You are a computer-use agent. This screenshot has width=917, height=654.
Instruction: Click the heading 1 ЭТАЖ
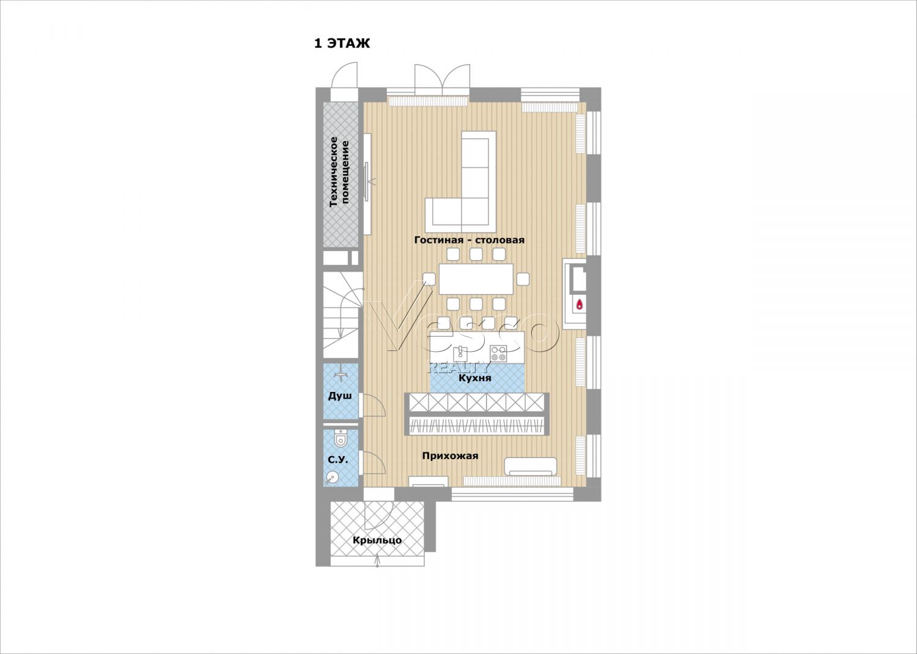pos(342,43)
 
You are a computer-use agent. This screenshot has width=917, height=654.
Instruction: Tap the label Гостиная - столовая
pos(469,240)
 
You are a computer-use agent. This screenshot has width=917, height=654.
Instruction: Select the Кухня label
pos(474,378)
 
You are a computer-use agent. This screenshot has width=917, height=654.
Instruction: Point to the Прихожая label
pos(450,456)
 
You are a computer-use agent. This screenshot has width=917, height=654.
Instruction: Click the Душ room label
pos(340,396)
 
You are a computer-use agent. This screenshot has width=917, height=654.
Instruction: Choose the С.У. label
pos(338,460)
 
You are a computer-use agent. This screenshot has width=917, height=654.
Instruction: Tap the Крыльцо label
pos(377,540)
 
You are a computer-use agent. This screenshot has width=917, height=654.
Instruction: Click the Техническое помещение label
pos(339,172)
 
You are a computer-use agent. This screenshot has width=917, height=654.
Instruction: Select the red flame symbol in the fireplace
pos(580,304)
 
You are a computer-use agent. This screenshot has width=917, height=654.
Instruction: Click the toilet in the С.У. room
pos(340,438)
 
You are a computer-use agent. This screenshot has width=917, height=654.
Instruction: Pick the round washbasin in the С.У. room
pos(332,478)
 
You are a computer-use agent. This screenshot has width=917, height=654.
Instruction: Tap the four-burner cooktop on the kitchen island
pos(499,354)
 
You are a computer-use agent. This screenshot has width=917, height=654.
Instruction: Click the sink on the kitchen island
pos(461,352)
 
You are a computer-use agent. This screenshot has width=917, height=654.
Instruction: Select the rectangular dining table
pos(476,279)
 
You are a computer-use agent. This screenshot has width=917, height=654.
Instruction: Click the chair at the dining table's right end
pos(523,279)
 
